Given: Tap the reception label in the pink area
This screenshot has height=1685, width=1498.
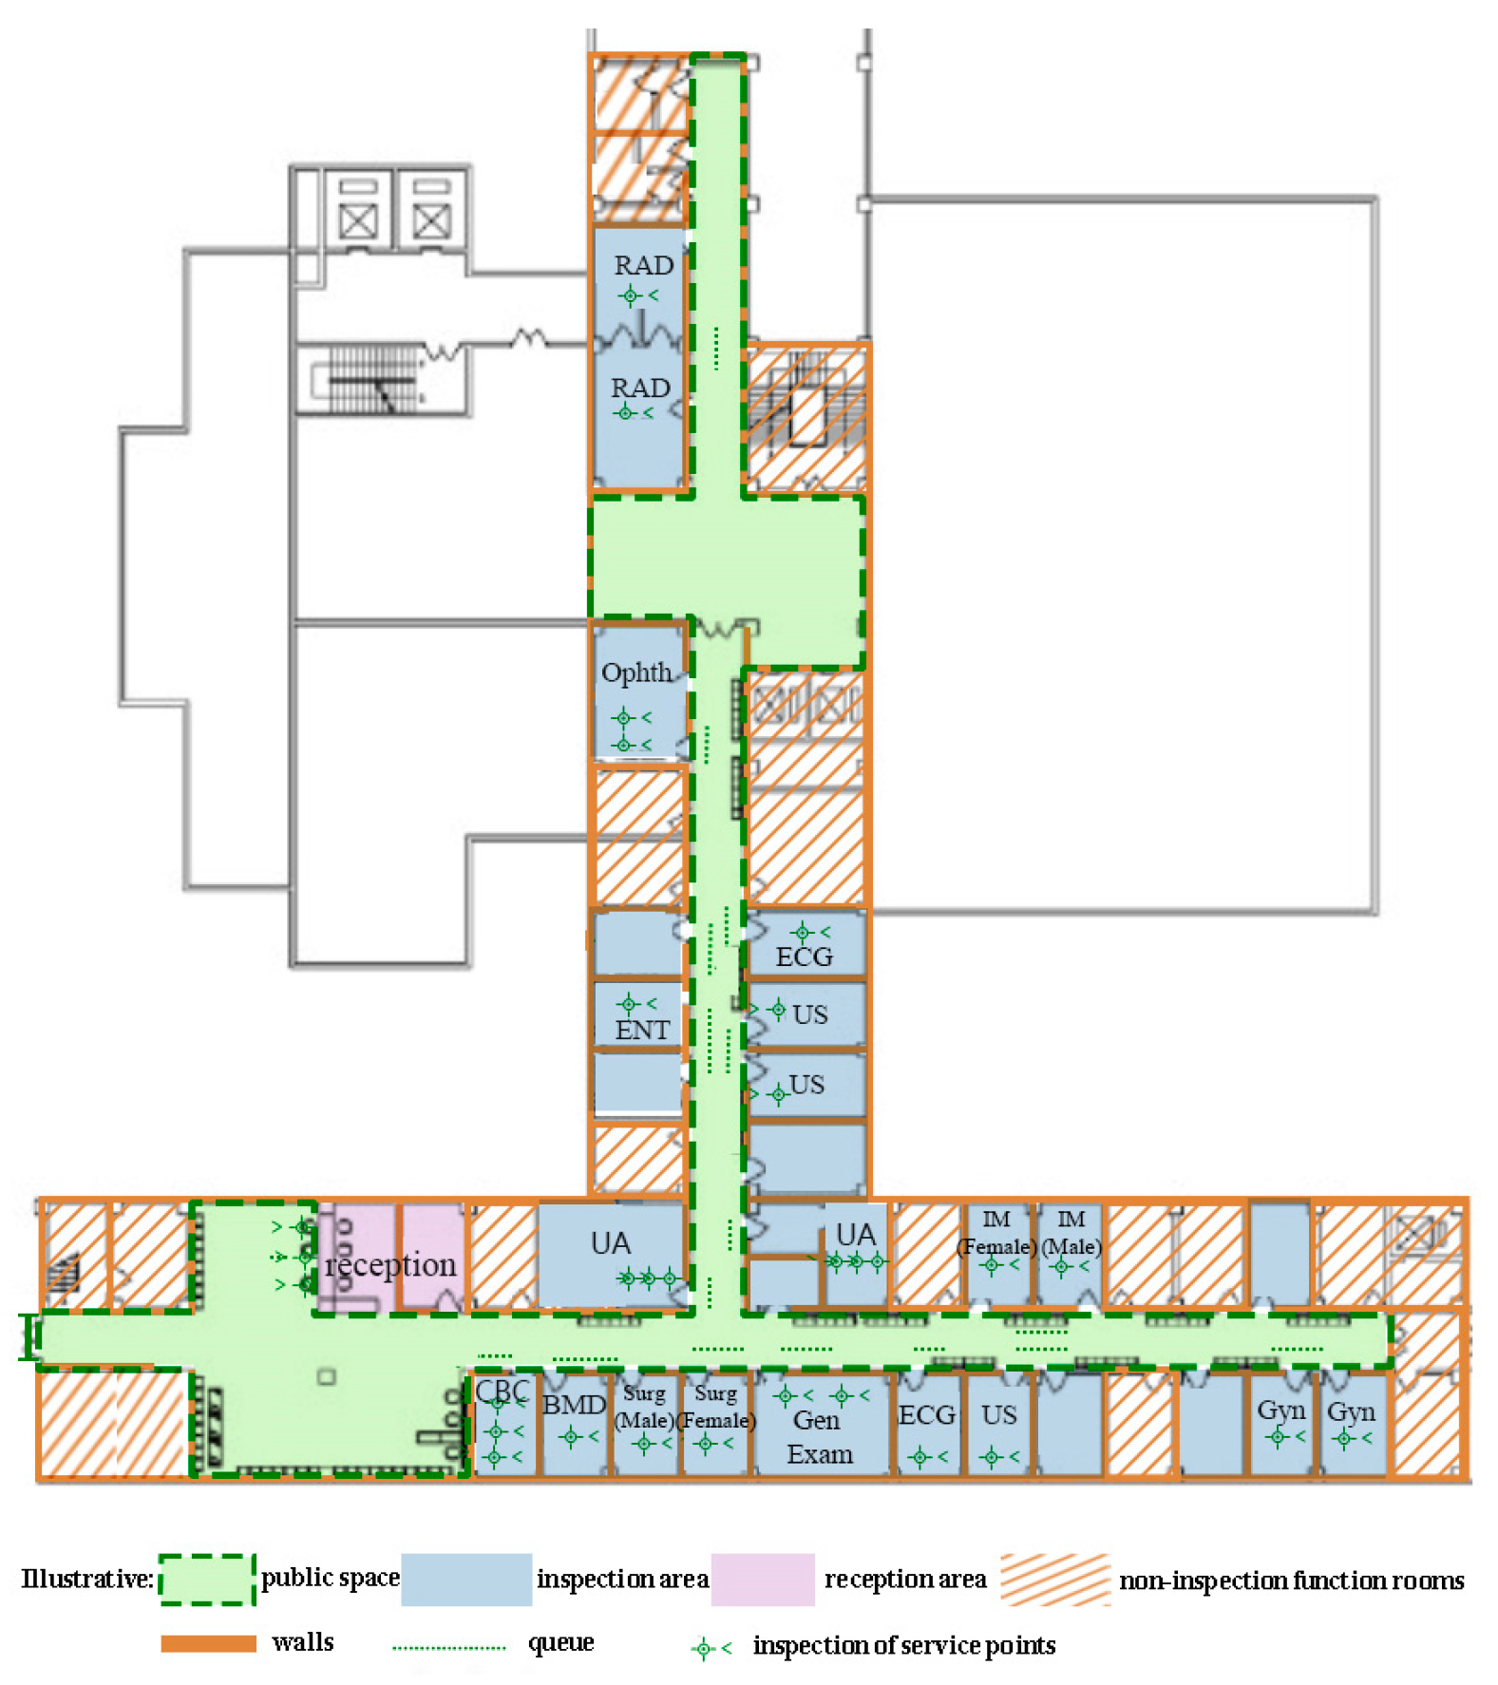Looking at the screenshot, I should tap(390, 1265).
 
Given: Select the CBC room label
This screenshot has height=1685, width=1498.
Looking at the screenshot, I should tap(502, 1392).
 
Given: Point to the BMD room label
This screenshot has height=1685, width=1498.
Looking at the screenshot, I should tap(573, 1405).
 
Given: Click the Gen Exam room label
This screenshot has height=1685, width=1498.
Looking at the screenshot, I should tap(819, 1437).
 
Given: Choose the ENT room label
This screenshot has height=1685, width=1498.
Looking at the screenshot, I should tap(641, 1030).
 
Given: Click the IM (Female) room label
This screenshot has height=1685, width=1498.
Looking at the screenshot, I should tap(996, 1233).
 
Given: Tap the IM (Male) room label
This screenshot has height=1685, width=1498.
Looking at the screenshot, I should tap(1071, 1233).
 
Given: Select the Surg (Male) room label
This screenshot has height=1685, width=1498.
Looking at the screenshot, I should tap(644, 1407).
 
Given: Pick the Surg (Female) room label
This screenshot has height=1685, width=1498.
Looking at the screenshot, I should tap(715, 1407).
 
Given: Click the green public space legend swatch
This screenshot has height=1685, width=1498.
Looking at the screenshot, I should tap(207, 1579).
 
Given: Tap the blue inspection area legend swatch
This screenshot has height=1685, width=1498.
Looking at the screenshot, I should tap(465, 1579).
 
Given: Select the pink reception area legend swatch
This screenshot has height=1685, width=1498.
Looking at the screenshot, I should tap(762, 1579).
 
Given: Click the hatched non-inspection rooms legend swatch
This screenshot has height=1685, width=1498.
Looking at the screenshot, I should tap(1054, 1579).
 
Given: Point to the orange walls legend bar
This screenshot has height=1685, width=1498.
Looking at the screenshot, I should tap(208, 1643).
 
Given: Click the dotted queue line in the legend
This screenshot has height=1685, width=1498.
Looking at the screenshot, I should tap(448, 1647).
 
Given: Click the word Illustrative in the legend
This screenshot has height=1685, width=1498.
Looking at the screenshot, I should tap(86, 1579).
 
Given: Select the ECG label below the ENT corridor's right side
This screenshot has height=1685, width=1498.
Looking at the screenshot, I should tap(804, 956).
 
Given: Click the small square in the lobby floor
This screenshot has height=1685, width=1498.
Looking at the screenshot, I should tap(327, 1375).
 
